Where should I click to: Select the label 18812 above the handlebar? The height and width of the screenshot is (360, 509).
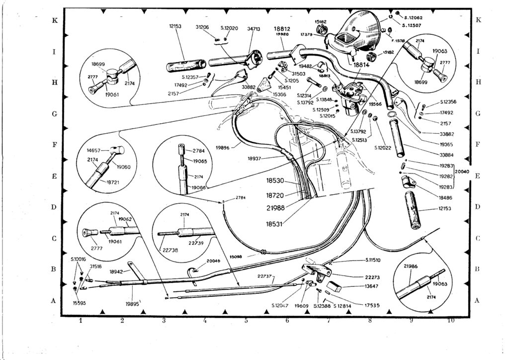pyautogui.click(x=282, y=29)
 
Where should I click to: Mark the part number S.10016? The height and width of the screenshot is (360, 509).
pyautogui.click(x=79, y=260)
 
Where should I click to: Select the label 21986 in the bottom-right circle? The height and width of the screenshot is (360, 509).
pyautogui.click(x=410, y=266)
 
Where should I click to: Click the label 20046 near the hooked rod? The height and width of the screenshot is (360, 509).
pyautogui.click(x=213, y=261)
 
